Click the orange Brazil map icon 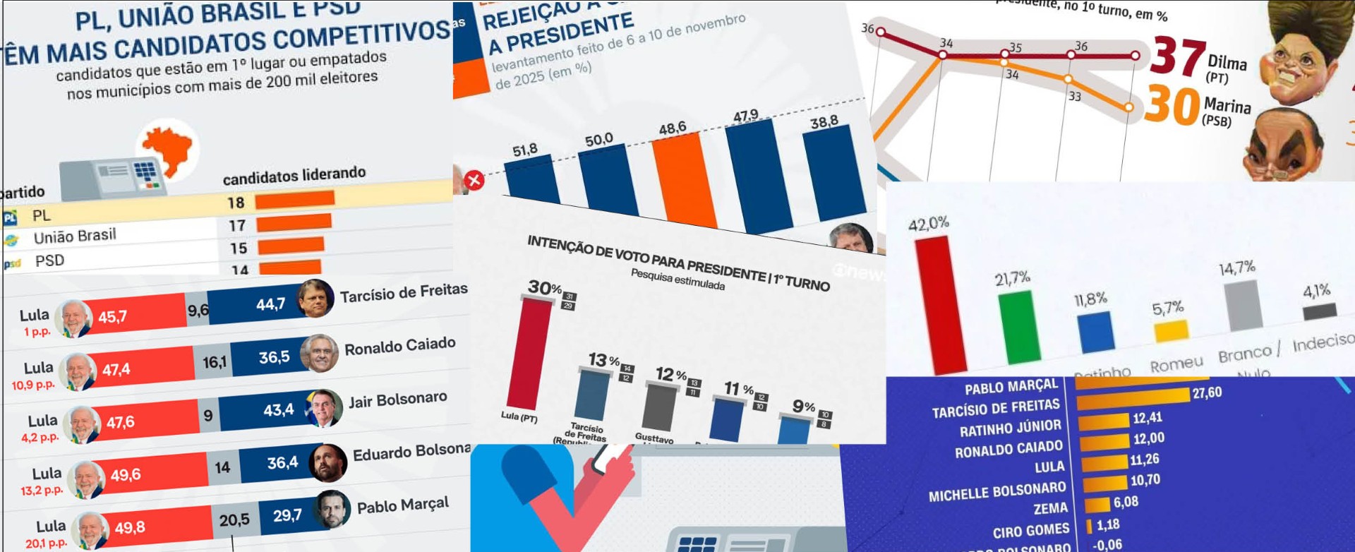click(168, 147)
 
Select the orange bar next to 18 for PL click(294, 200)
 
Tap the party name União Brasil click(75, 236)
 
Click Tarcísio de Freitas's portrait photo click(315, 298)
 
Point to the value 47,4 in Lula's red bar click(116, 369)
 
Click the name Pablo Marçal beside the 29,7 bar click(402, 505)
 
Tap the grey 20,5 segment click(234, 520)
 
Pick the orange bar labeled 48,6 click(684, 181)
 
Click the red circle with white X click(474, 180)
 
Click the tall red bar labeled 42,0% click(940, 304)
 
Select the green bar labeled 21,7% click(1020, 326)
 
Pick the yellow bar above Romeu click(1171, 330)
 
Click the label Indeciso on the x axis click(1323, 343)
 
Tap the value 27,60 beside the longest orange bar click(1207, 393)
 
